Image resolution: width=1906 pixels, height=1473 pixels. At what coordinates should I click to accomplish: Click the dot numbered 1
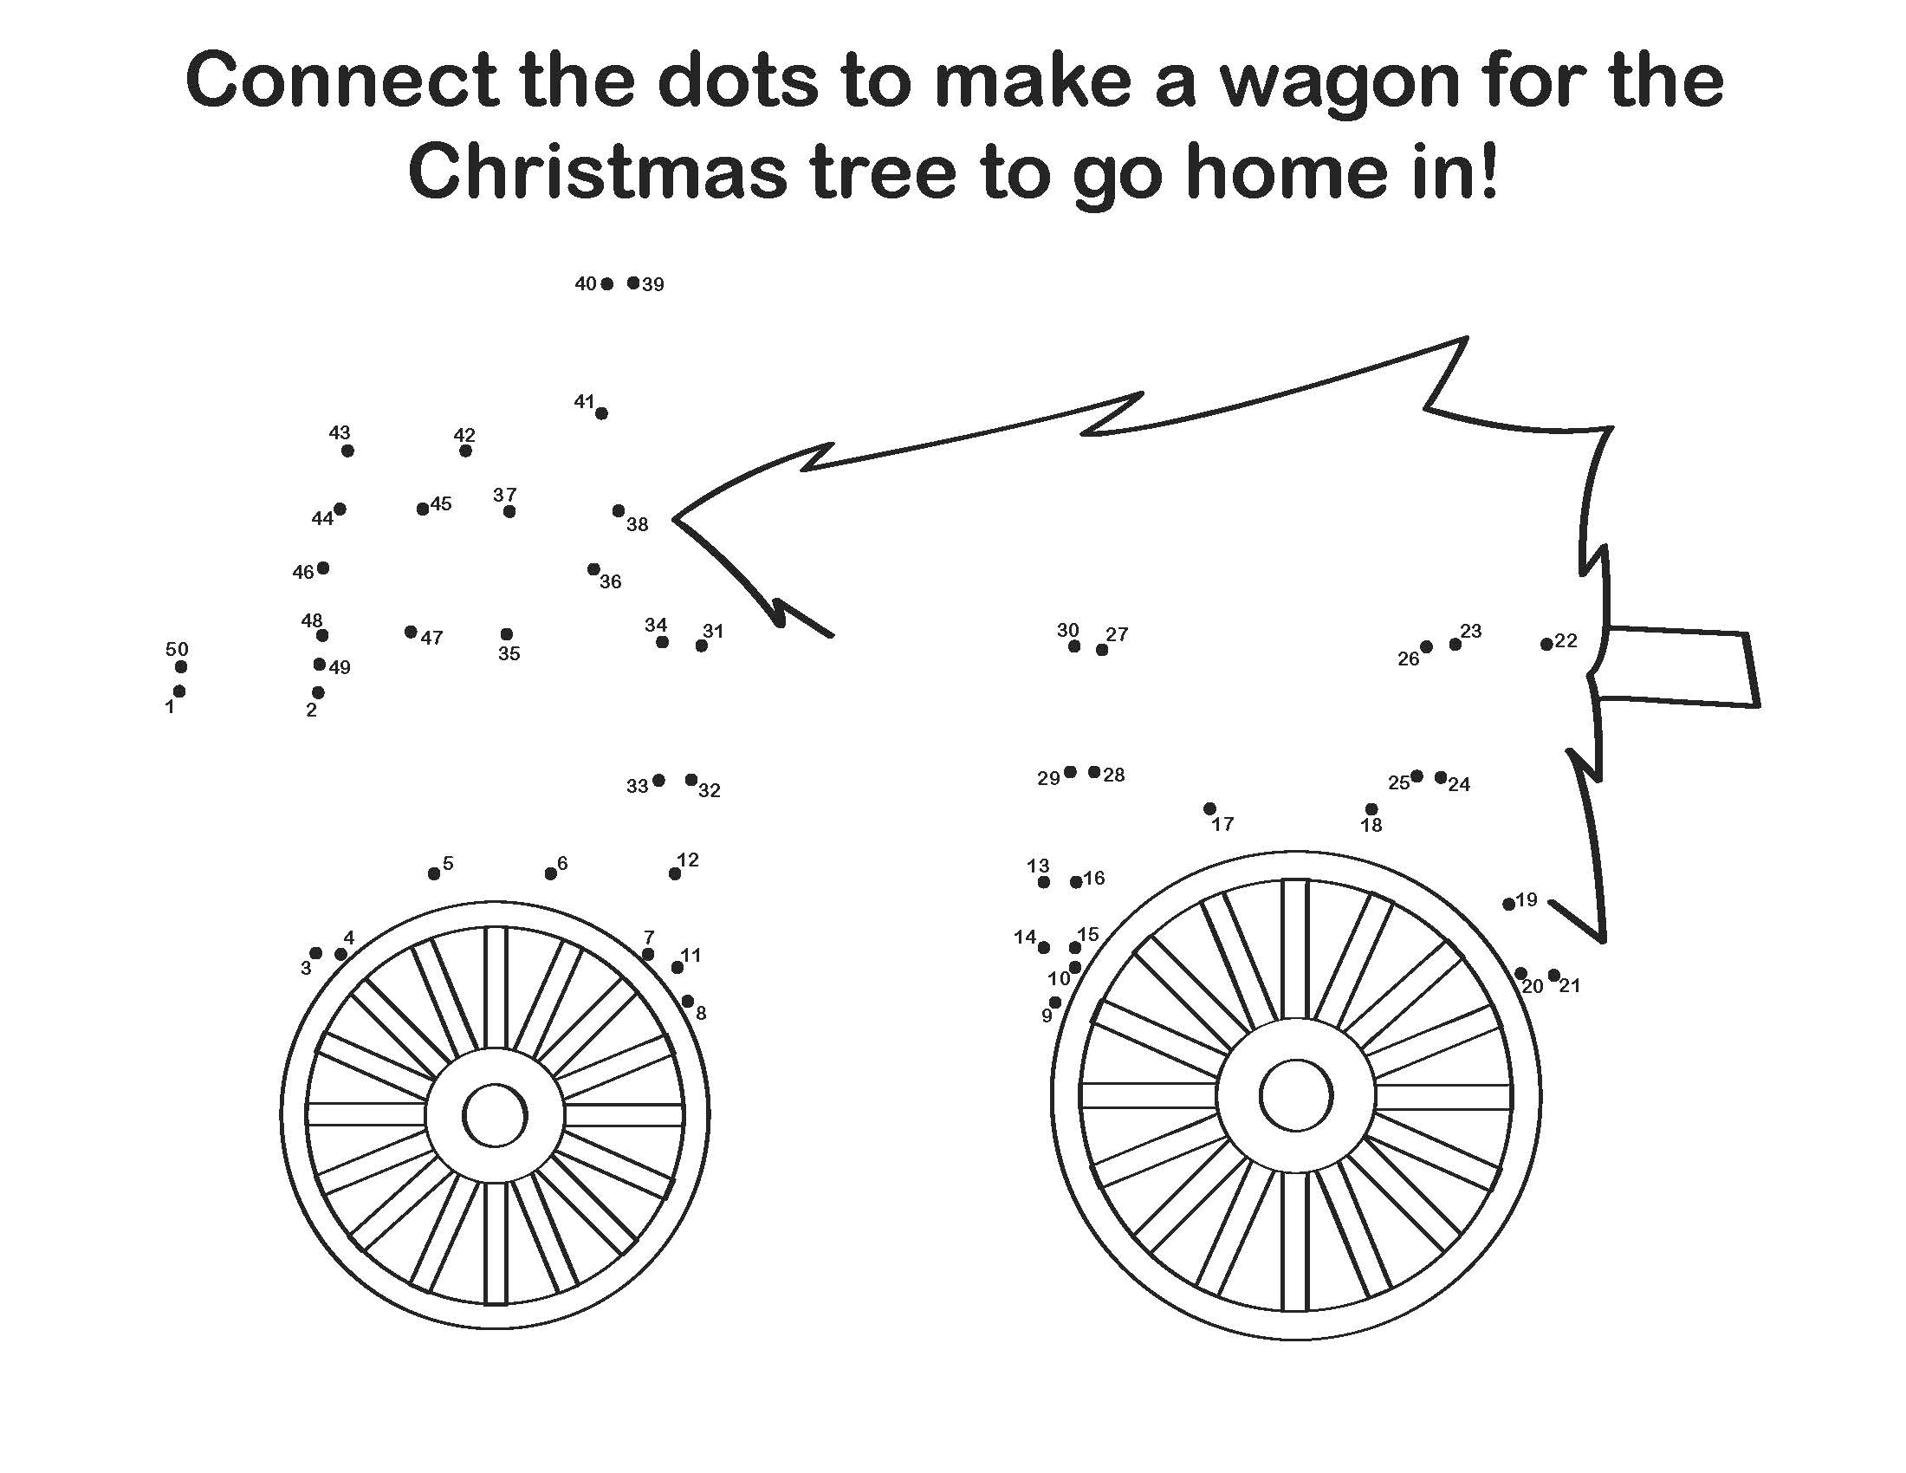(x=179, y=691)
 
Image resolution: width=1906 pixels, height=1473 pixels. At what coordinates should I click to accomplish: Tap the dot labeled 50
(x=181, y=666)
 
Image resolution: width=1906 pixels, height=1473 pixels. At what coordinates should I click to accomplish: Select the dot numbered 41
(x=601, y=412)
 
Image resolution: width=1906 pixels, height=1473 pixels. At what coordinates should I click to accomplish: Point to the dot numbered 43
(x=347, y=451)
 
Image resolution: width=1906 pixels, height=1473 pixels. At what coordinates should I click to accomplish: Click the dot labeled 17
(x=1209, y=808)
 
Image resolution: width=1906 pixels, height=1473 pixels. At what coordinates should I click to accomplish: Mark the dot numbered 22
(x=1546, y=644)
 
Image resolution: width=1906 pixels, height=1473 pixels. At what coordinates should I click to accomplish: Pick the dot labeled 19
(x=1509, y=904)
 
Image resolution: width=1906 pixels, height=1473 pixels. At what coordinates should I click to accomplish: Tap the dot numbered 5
(x=434, y=873)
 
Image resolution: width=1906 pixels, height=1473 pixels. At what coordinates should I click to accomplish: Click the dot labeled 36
(x=593, y=569)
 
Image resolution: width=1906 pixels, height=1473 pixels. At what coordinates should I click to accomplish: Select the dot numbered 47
(x=411, y=632)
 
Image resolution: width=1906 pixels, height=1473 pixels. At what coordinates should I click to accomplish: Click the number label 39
(x=652, y=284)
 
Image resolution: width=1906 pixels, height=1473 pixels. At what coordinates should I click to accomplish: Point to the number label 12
(x=688, y=860)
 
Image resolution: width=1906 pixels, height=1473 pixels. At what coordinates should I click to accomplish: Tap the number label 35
(x=509, y=652)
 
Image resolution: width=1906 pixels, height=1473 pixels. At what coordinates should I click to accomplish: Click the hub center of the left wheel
(x=495, y=1114)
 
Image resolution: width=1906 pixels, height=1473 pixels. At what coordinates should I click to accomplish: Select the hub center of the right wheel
(x=1296, y=1095)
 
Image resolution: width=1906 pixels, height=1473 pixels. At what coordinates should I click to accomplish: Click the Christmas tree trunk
(x=1676, y=665)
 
